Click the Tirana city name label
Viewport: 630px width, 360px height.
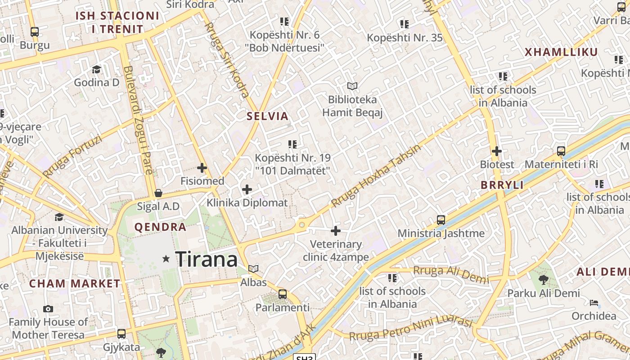click(206, 260)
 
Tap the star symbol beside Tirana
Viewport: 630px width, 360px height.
click(166, 259)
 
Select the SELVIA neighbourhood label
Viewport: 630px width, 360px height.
click(267, 116)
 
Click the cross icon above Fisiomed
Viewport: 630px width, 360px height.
click(202, 168)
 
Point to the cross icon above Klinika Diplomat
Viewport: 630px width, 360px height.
click(247, 189)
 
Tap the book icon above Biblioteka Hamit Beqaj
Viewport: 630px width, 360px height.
click(352, 86)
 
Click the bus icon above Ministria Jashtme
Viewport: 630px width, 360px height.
click(441, 220)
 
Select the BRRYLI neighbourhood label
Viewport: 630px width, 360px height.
click(502, 185)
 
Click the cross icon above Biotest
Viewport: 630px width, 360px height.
click(497, 151)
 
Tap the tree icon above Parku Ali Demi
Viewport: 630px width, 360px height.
click(544, 280)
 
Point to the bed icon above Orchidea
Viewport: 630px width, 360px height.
click(594, 302)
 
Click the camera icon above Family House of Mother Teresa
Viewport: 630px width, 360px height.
click(48, 309)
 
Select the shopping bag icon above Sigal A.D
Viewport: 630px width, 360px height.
click(158, 193)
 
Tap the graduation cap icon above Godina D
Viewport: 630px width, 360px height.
click(97, 69)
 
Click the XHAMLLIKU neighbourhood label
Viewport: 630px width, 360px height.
click(561, 52)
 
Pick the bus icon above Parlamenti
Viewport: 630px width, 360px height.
click(283, 294)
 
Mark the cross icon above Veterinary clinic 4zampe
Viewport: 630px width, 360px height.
click(336, 231)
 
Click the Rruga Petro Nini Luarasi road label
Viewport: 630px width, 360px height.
click(410, 330)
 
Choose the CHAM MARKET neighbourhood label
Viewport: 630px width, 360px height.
click(75, 283)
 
